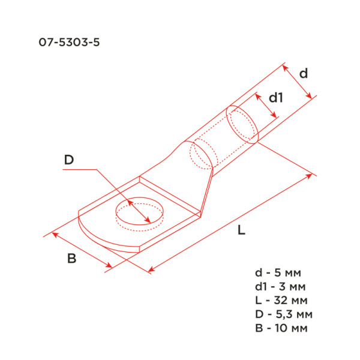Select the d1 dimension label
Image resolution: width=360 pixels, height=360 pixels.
pyautogui.click(x=275, y=97)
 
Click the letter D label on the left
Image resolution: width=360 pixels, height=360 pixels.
pyautogui.click(x=69, y=160)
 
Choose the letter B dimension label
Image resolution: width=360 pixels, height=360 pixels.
pyautogui.click(x=71, y=259)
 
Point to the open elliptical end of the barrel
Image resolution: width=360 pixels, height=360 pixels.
pyautogui.click(x=243, y=124)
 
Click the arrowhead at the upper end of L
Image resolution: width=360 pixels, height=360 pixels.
pyautogui.click(x=310, y=175)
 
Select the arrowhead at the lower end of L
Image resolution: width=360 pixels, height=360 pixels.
pyautogui.click(x=151, y=270)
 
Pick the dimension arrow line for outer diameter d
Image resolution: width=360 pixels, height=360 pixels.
pyautogui.click(x=298, y=82)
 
